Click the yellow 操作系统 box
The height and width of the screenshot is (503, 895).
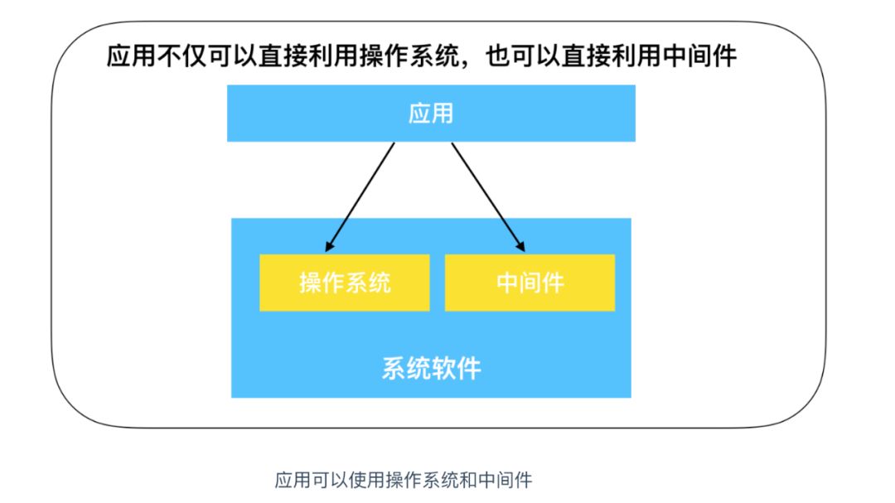[344, 283]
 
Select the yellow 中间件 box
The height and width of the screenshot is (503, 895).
[530, 283]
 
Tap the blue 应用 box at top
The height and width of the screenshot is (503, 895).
[431, 114]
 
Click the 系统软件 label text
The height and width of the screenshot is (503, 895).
[431, 368]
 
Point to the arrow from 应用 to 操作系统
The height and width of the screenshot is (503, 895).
[361, 196]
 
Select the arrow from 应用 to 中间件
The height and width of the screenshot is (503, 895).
[487, 196]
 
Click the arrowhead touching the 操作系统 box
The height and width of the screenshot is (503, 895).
[330, 246]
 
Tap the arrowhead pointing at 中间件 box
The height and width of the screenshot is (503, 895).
[521, 246]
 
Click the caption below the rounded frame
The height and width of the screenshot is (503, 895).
[403, 479]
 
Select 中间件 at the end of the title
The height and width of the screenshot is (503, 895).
[703, 57]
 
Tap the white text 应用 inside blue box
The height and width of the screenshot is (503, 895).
[431, 114]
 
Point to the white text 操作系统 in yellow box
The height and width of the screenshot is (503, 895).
[344, 283]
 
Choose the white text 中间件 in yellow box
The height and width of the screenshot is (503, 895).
[530, 283]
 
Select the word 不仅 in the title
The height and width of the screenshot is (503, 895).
[177, 57]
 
